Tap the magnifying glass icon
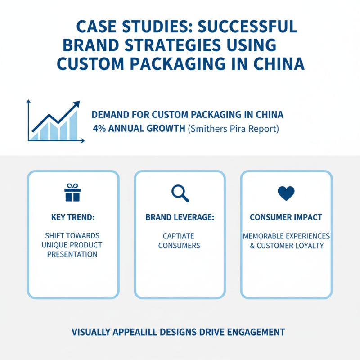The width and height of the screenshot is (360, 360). [x=180, y=193]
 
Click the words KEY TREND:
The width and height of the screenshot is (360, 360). [x=73, y=217]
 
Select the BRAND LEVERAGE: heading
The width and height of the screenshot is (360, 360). [x=180, y=217]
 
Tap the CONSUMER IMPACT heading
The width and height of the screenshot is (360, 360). [x=286, y=217]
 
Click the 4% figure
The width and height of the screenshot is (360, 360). [x=99, y=129]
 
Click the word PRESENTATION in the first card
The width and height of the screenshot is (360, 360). [x=73, y=254]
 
